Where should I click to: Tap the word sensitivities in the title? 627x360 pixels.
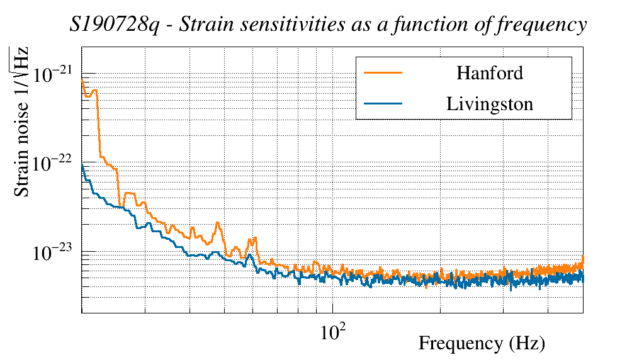point(285,25)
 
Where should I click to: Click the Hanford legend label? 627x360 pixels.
point(490,73)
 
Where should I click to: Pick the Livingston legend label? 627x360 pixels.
point(490,104)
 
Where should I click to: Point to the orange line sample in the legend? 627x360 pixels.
point(383,73)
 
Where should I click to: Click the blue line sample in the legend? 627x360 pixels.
point(383,104)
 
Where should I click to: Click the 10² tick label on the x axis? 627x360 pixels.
point(334,331)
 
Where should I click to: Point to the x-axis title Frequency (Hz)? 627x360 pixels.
point(482,344)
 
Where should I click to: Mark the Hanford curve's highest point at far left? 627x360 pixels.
point(82,81)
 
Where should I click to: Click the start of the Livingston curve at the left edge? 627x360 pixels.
point(82,165)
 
